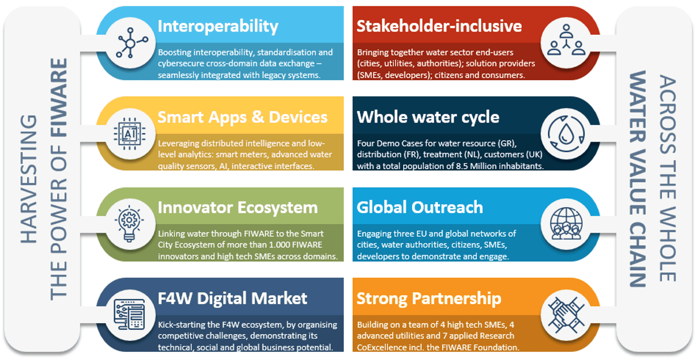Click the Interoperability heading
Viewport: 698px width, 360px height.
(x=218, y=27)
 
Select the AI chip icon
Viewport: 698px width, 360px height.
(x=130, y=134)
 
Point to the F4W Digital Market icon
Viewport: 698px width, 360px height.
(x=130, y=314)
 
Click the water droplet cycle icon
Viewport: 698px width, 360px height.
(x=566, y=134)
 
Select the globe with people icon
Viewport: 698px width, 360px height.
(x=566, y=224)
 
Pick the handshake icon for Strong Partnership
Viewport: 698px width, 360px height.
(x=566, y=315)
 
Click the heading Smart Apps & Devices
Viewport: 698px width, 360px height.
(x=242, y=117)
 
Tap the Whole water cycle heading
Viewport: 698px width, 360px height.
(x=428, y=117)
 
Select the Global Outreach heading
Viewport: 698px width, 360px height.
(x=420, y=208)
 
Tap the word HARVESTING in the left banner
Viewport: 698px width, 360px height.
(x=28, y=179)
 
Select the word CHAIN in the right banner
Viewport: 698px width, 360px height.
(x=638, y=254)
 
